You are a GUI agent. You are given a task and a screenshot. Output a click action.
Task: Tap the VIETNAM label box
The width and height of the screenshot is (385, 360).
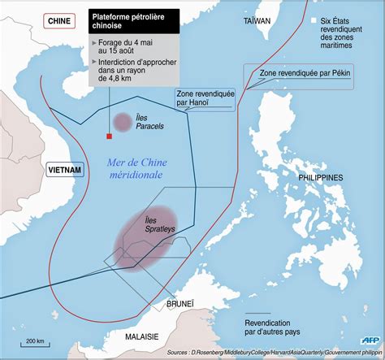(64, 169)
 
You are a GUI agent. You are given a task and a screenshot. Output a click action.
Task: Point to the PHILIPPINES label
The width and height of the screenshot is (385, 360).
(320, 177)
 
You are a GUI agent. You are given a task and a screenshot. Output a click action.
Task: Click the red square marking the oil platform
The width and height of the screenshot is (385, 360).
(108, 137)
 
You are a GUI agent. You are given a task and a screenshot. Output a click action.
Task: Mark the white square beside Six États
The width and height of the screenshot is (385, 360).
(313, 20)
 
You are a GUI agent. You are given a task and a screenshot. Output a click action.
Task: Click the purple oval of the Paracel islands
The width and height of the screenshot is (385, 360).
(122, 123)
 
